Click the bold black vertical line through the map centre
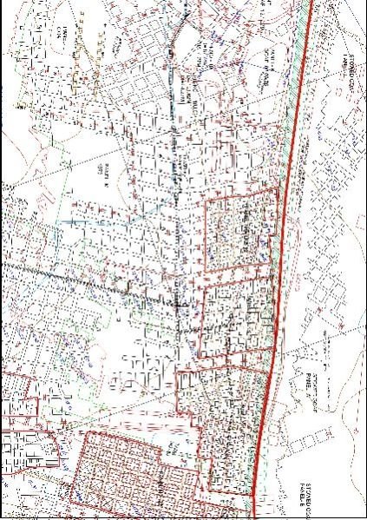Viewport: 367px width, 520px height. [x=178, y=217]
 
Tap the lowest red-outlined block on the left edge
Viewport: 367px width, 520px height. [x=26, y=451]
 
